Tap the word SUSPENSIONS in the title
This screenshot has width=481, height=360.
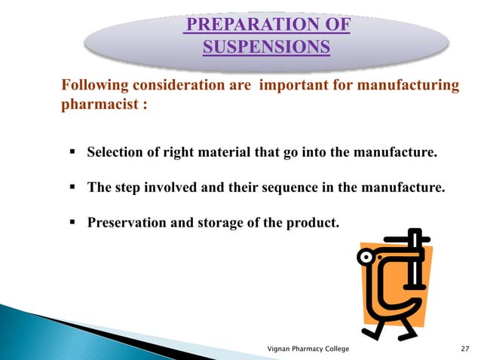click(x=266, y=49)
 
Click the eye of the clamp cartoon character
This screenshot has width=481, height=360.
click(x=368, y=257)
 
